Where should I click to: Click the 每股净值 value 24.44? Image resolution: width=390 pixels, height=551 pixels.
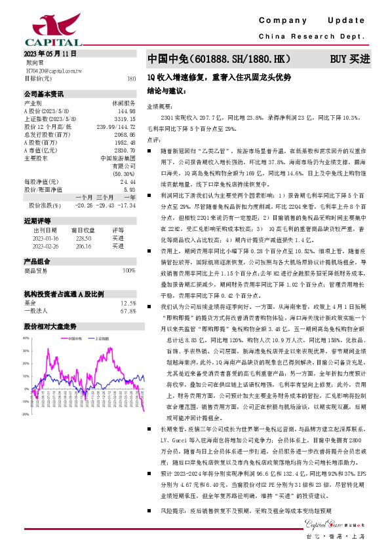tap(128, 181)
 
